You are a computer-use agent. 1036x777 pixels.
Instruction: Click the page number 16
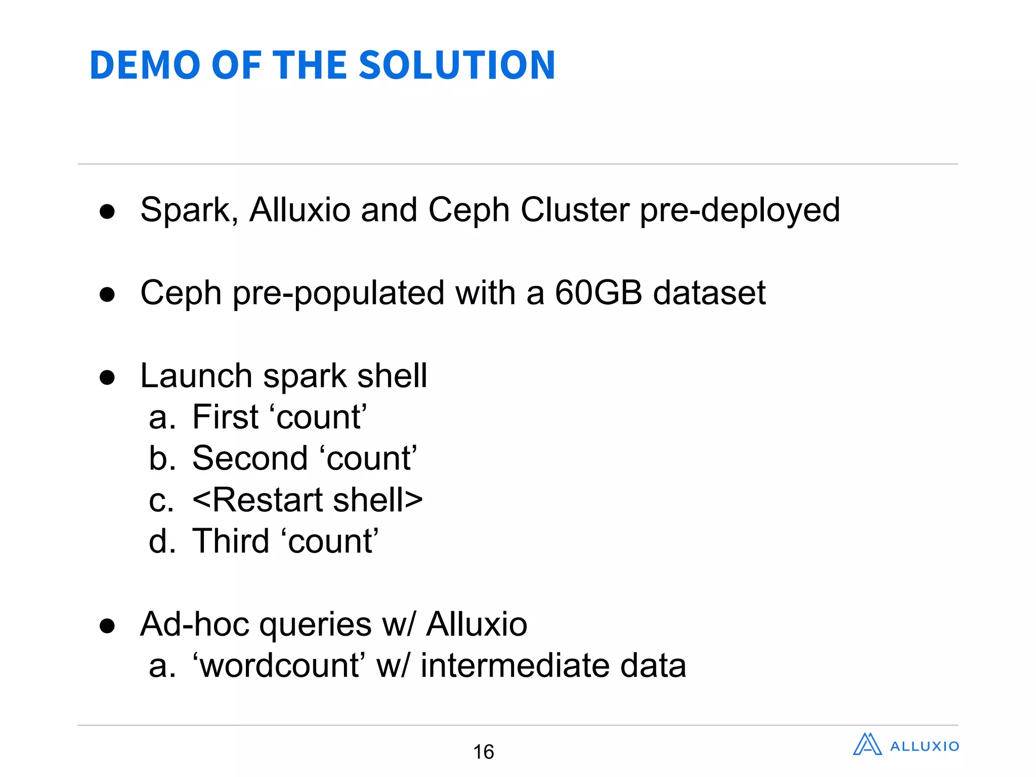click(x=483, y=752)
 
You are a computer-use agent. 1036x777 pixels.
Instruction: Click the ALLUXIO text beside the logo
click(x=924, y=747)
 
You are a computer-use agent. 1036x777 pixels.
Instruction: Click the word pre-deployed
click(x=740, y=211)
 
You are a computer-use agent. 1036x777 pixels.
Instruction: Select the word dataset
click(x=709, y=293)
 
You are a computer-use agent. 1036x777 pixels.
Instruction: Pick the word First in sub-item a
click(x=226, y=417)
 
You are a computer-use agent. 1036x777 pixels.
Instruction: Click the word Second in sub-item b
click(x=250, y=459)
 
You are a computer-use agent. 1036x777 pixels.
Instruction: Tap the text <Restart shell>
click(x=308, y=500)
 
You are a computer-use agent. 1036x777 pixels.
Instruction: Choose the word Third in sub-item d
click(x=231, y=541)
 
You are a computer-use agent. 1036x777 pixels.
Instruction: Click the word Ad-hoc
click(x=195, y=624)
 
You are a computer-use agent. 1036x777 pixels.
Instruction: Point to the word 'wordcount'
click(x=279, y=665)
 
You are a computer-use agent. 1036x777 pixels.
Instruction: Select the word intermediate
click(x=515, y=665)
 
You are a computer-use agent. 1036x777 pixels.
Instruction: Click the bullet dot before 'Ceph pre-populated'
click(x=107, y=294)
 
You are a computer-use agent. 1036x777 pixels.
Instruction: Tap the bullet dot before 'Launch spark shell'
click(x=107, y=377)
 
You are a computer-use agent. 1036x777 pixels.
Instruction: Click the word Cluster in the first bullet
click(x=575, y=210)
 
